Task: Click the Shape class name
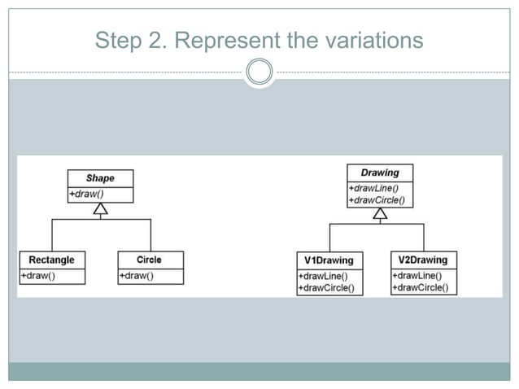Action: (x=100, y=177)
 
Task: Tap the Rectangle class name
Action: (x=51, y=260)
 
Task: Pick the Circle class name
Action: (x=149, y=260)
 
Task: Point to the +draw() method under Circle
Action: (x=137, y=276)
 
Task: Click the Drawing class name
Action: (x=379, y=173)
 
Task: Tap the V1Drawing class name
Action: (x=329, y=260)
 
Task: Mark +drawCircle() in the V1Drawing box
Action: (x=330, y=288)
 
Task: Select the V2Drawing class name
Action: (x=423, y=260)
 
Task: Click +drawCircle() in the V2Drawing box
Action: (x=423, y=287)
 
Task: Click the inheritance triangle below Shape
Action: (x=100, y=210)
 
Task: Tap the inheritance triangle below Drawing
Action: (x=379, y=214)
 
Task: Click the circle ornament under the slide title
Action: (x=259, y=72)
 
